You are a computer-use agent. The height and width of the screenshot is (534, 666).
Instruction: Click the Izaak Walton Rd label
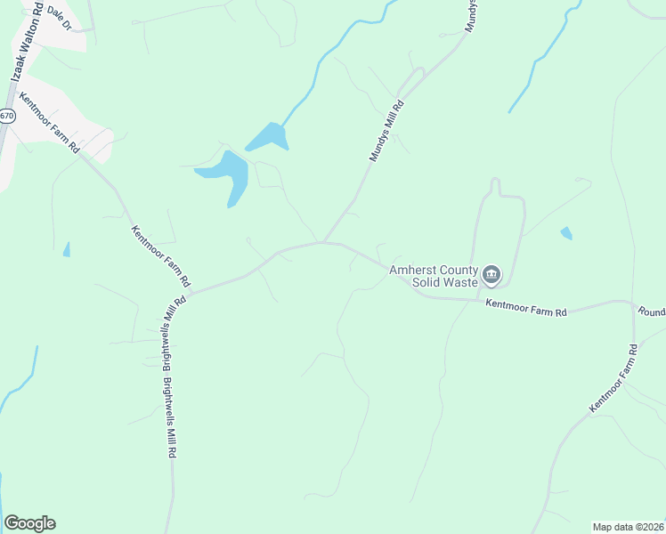pyautogui.click(x=26, y=44)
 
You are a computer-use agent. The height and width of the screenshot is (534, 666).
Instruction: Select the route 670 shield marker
pyautogui.click(x=7, y=116)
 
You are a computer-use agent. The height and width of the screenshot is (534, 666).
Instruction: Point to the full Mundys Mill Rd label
pyautogui.click(x=386, y=132)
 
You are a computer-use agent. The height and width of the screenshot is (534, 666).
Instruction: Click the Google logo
pyautogui.click(x=29, y=523)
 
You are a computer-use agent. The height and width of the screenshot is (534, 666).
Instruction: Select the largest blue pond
pyautogui.click(x=227, y=174)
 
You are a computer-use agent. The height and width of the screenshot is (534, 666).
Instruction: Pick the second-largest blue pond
pyautogui.click(x=267, y=137)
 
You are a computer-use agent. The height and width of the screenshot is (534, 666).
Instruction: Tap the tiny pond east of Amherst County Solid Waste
pyautogui.click(x=566, y=233)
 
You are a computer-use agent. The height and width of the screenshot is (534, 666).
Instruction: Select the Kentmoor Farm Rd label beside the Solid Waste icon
pyautogui.click(x=526, y=308)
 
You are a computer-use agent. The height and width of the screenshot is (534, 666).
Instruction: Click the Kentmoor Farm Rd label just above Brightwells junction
pyautogui.click(x=161, y=255)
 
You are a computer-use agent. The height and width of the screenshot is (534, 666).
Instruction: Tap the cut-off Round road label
pyautogui.click(x=651, y=312)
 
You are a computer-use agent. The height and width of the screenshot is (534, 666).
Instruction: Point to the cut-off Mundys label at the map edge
pyautogui.click(x=472, y=16)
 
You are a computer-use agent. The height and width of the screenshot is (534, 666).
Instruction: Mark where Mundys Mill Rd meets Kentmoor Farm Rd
pyautogui.click(x=323, y=241)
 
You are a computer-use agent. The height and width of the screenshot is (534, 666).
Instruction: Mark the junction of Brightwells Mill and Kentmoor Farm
pyautogui.click(x=190, y=291)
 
